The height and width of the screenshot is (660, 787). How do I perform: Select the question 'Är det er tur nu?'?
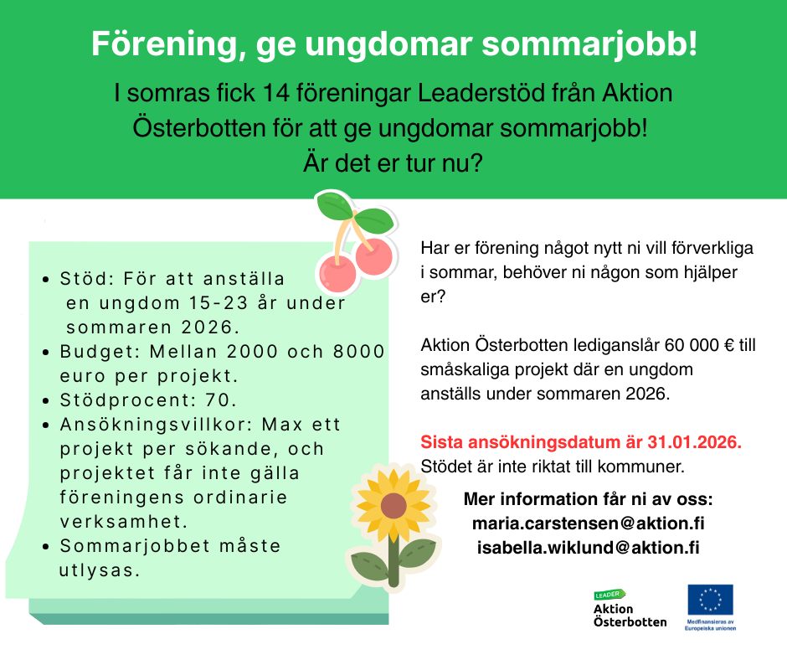click(393, 162)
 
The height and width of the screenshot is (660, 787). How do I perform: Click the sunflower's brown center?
click(394, 505)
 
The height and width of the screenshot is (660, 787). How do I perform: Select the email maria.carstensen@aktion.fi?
click(589, 523)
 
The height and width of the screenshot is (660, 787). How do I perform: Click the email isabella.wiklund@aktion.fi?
click(589, 548)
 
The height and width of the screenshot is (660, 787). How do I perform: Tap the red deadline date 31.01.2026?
click(694, 442)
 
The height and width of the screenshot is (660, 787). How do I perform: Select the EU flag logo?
click(710, 599)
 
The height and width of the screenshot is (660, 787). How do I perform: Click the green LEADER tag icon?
click(610, 595)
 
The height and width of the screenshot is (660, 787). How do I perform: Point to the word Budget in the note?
click(100, 352)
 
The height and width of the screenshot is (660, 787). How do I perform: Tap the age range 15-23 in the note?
click(219, 303)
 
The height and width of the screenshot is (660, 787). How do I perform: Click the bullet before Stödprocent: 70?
click(46, 401)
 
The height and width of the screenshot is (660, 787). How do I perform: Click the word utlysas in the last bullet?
click(99, 570)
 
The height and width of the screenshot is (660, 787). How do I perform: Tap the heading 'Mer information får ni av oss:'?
click(589, 499)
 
